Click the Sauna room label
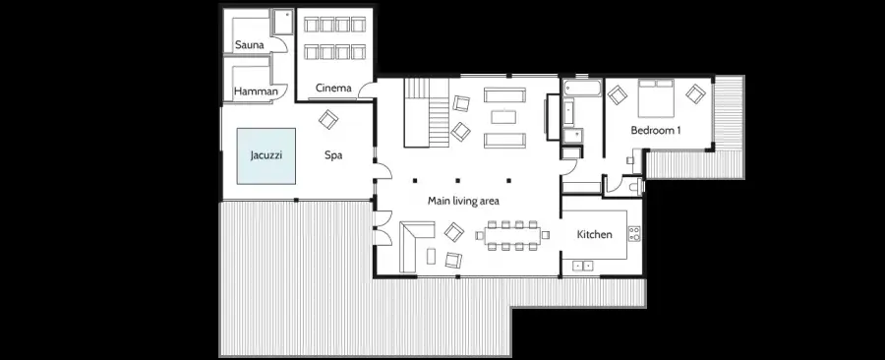[250, 45]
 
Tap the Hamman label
[256, 91]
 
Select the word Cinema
[333, 88]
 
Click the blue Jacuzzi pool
[266, 155]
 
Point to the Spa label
[333, 155]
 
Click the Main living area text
[463, 201]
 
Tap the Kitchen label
[594, 234]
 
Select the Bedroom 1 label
[655, 131]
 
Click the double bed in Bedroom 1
[656, 97]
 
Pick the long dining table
[512, 235]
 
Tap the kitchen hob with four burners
[634, 233]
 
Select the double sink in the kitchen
[583, 266]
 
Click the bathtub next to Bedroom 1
[582, 88]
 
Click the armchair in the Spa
[327, 119]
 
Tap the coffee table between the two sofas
[503, 117]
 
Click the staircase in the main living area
[427, 112]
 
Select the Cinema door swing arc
[364, 90]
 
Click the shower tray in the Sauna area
[282, 22]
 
